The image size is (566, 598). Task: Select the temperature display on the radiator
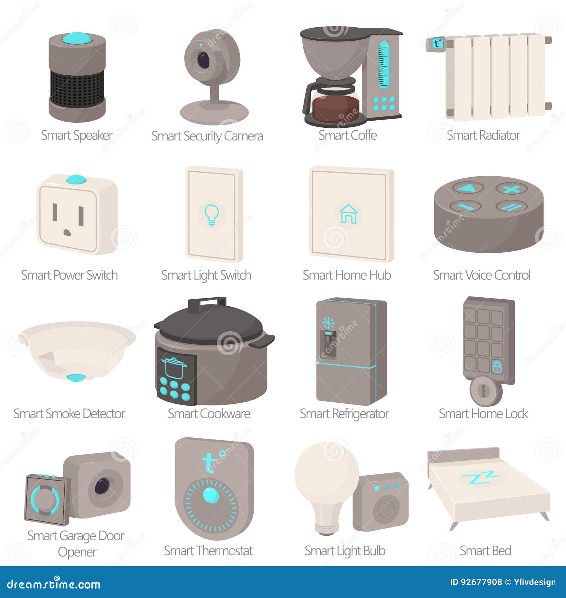coord(438,43)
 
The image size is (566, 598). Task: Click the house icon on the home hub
coord(348,214)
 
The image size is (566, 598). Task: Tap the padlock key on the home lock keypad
coord(497,367)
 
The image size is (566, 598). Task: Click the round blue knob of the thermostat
coord(211,495)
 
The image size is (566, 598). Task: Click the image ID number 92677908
coord(481,582)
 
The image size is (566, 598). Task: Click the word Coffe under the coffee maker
coord(363,135)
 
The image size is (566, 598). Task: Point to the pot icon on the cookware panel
coord(174,368)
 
